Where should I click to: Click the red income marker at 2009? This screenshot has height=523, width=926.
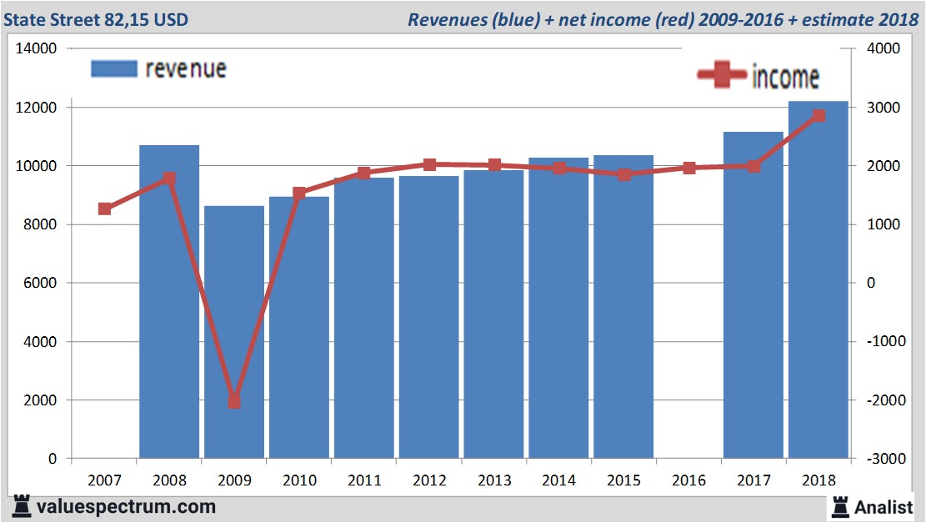234,402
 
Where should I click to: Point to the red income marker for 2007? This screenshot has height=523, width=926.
105,209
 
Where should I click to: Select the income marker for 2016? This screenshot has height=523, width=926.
688,168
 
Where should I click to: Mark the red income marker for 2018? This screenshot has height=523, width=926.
818,116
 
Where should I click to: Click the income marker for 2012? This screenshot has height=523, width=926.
429,165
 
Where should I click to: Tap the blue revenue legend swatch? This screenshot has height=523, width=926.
113,69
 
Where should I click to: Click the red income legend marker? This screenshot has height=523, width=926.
722,76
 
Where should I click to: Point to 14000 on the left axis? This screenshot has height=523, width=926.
36,49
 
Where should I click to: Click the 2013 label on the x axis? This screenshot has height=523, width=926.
494,480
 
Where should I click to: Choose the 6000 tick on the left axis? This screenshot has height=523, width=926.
39,284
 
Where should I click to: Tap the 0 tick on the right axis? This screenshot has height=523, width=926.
871,284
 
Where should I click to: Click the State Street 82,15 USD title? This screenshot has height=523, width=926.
96,19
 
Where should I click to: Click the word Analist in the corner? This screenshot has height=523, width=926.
883,506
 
